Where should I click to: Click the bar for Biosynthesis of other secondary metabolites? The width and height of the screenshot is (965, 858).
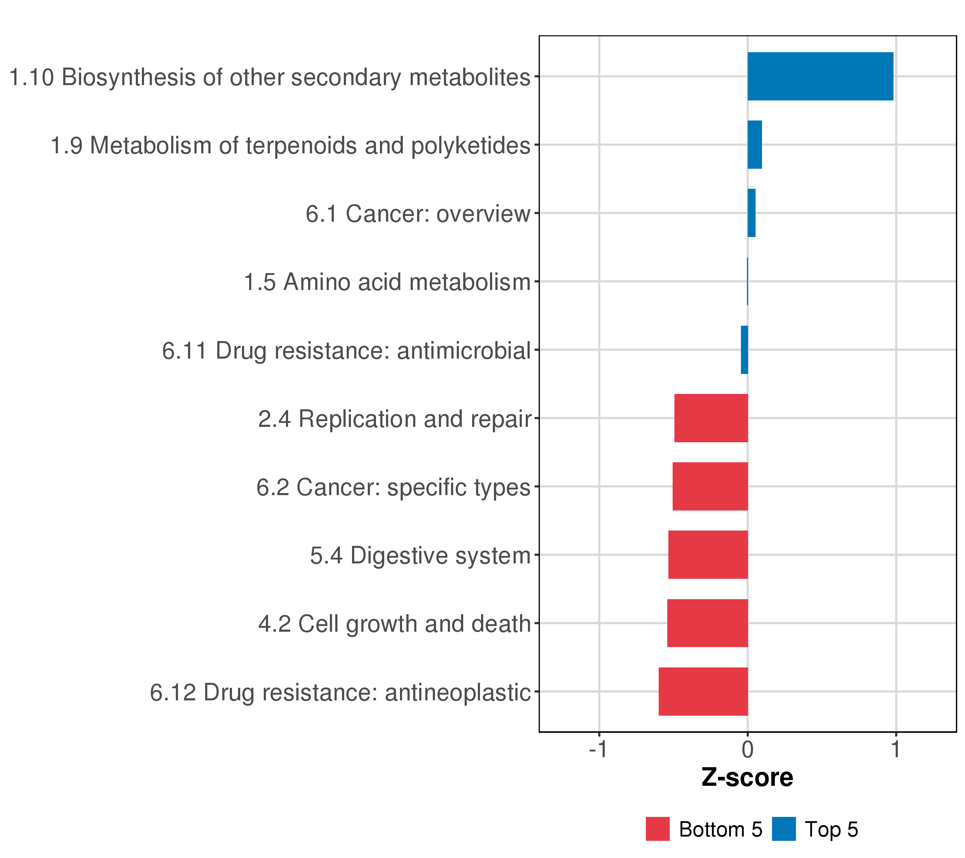coord(820,76)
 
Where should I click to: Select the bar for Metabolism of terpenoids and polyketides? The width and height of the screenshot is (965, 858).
coord(754,144)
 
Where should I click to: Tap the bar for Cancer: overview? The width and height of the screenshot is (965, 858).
coord(751,213)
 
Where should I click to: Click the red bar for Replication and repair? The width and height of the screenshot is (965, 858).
coord(711,418)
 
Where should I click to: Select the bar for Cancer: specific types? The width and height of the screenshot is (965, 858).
coord(710,486)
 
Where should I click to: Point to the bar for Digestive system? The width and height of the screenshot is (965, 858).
coord(708,555)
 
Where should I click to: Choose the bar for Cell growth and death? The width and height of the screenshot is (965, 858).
coord(707,623)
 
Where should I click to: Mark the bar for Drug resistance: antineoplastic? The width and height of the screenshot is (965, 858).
coord(703,691)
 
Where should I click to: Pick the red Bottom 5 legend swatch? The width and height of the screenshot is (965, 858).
coord(658,829)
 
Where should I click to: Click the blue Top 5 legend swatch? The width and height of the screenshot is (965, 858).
coord(784,829)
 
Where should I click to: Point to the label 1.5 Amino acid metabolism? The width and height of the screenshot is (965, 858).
coord(387,282)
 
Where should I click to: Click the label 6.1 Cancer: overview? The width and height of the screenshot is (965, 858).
coord(418,214)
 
